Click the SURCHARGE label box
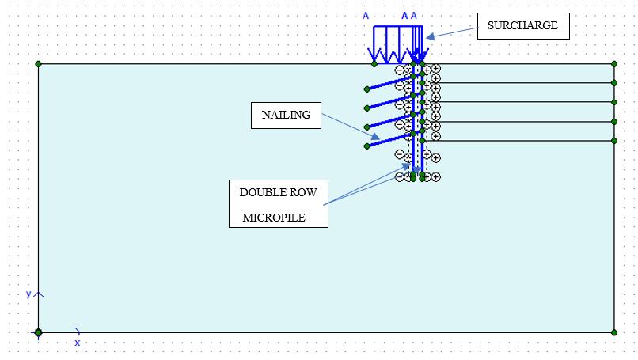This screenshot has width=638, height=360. [x=522, y=25]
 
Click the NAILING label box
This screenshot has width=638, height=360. [x=286, y=116]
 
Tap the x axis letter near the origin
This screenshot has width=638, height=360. [x=78, y=343]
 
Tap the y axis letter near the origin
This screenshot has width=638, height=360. [x=28, y=294]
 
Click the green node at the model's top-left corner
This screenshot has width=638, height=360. [x=38, y=64]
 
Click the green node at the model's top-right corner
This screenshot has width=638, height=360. [x=614, y=64]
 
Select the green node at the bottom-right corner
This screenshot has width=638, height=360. [x=614, y=332]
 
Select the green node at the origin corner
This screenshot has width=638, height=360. [x=38, y=332]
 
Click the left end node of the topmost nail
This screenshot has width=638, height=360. [x=366, y=89]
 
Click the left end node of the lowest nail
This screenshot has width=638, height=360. [x=366, y=146]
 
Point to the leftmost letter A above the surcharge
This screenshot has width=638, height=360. [x=366, y=16]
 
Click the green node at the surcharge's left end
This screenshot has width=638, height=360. [x=374, y=64]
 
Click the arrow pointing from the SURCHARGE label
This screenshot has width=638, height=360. [x=450, y=32]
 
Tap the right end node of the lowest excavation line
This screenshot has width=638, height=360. [x=614, y=141]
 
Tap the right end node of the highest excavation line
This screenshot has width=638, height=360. [x=614, y=82]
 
